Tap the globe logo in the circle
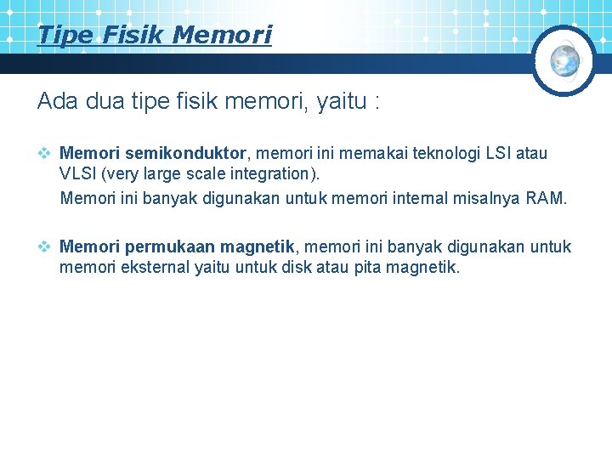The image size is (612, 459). (x=564, y=59)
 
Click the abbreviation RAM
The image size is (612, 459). (x=547, y=199)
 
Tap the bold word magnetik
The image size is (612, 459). (x=257, y=247)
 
